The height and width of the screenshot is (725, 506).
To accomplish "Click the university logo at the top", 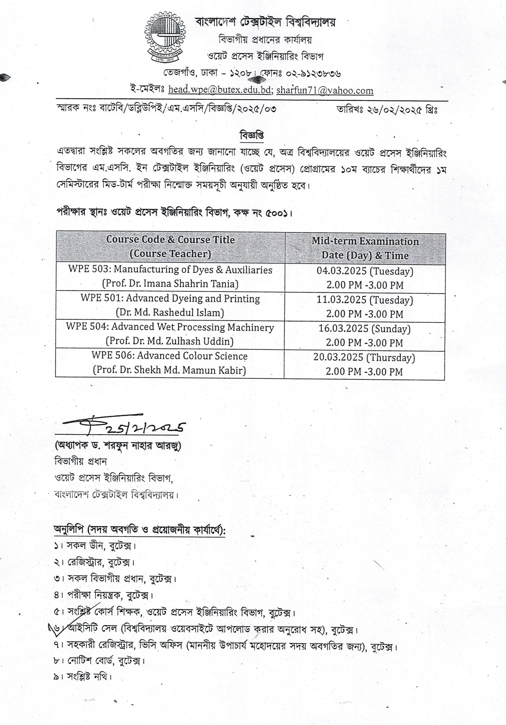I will (165, 37).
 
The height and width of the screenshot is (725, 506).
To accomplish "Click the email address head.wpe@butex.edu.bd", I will (219, 90).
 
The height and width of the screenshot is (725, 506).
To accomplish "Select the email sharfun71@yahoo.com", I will (324, 91).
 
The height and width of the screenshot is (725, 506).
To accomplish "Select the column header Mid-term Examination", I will (365, 242).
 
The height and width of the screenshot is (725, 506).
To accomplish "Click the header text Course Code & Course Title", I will (170, 240).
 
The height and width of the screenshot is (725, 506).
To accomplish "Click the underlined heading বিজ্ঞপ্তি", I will (252, 135).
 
